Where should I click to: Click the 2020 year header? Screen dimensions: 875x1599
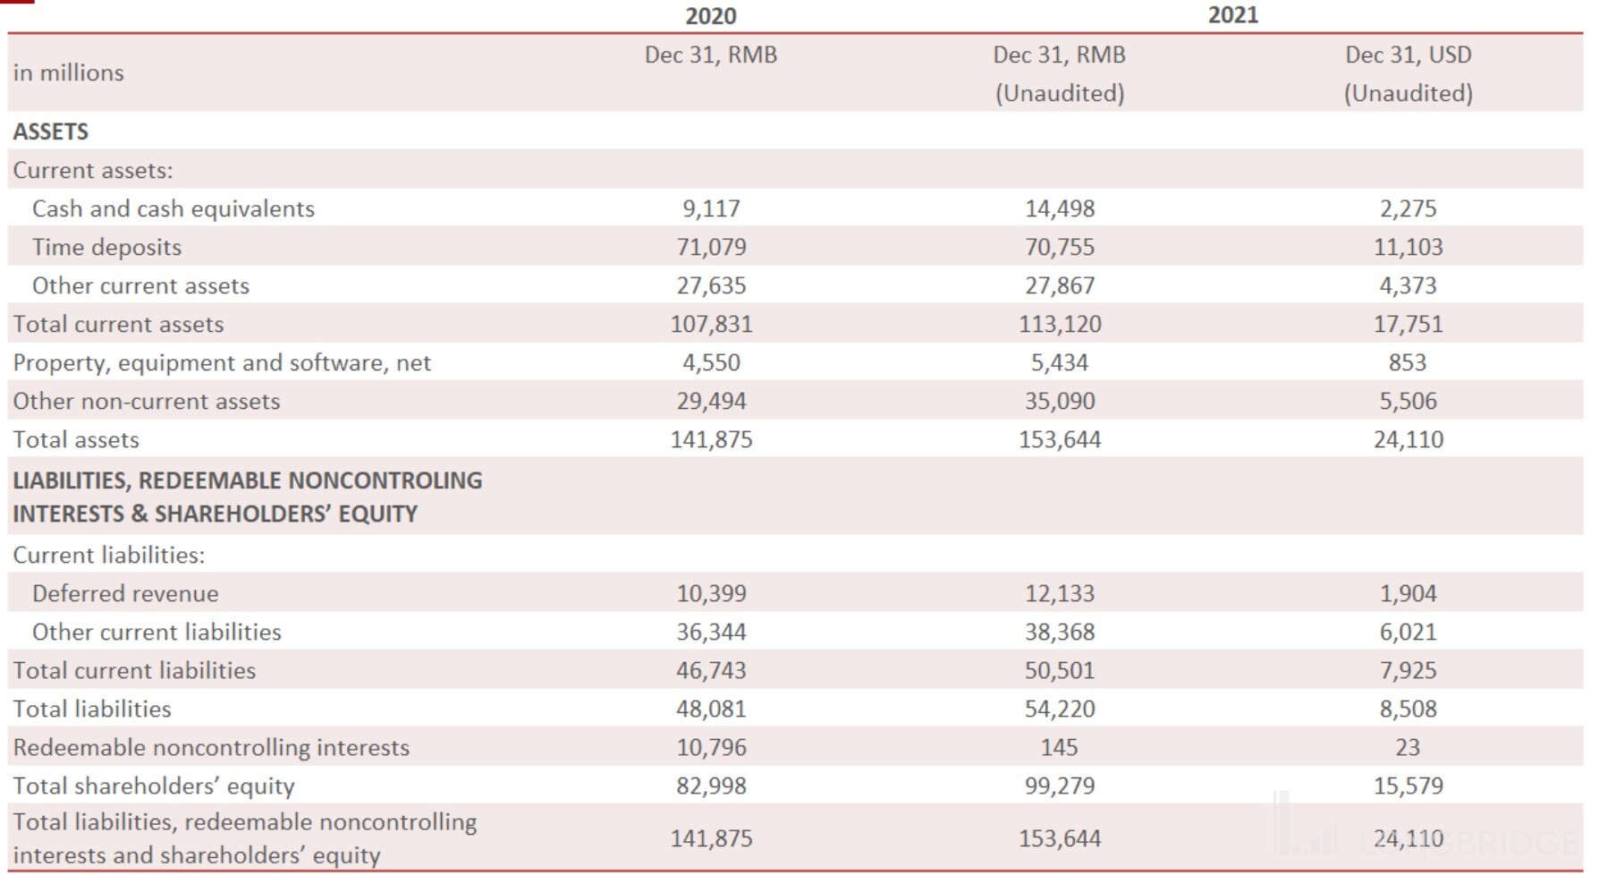coord(711,16)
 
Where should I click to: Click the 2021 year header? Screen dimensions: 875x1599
coord(1232,15)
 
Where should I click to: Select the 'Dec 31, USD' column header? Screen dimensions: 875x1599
coord(1408,55)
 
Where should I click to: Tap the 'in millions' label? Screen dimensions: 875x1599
coord(69,72)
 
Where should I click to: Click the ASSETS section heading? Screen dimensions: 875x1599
coord(51,132)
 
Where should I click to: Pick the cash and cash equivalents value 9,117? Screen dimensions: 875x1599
coord(711,208)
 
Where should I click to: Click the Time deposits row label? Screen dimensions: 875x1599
coord(106,247)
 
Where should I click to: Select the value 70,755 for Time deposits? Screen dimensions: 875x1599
coord(1059,247)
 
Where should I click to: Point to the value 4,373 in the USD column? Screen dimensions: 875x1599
coord(1408,285)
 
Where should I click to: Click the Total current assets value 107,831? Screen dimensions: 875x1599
coord(711,324)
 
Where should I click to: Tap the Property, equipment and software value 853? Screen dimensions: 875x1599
coord(1408,362)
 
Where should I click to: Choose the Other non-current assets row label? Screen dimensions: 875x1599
coord(147,401)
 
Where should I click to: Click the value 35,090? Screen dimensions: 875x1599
coord(1059,401)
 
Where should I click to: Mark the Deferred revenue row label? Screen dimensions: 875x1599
coord(125,593)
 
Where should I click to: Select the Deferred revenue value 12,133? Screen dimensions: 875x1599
coord(1059,593)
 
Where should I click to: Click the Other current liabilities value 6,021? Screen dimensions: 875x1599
coord(1408,632)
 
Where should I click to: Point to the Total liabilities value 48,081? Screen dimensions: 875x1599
coord(711,709)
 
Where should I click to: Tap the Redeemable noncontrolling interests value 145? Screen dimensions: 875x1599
coord(1059,747)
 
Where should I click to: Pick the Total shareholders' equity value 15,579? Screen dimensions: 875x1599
coord(1408,786)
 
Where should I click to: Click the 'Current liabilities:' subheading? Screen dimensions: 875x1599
coord(109,555)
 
